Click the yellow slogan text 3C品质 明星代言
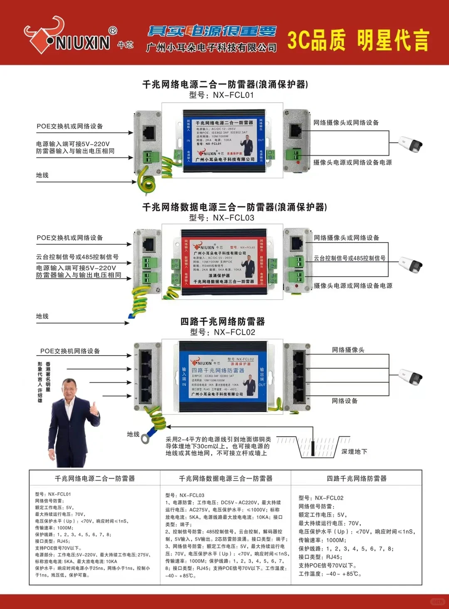click(x=358, y=40)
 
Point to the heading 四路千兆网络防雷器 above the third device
click(x=222, y=321)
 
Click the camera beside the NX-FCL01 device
click(x=411, y=144)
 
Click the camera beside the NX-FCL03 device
click(x=411, y=265)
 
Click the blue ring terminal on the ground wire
click(x=145, y=438)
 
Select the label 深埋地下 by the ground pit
click(x=354, y=452)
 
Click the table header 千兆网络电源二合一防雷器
click(x=95, y=479)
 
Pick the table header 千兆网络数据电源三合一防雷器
click(x=226, y=479)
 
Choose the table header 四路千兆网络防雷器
click(x=357, y=479)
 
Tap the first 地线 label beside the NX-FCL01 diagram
click(x=42, y=175)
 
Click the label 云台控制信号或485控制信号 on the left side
click(x=77, y=257)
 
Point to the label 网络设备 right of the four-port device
click(x=345, y=401)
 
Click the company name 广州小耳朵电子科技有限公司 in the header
click(x=211, y=48)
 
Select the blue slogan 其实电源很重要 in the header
click(x=212, y=31)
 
